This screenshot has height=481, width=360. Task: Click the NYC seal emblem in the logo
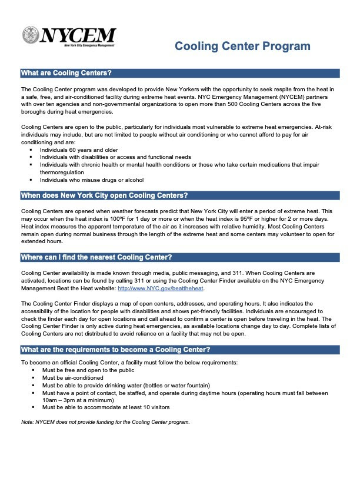tap(31, 36)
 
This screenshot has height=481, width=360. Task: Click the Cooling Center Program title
tap(242, 47)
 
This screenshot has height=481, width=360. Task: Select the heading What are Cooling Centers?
tap(66, 74)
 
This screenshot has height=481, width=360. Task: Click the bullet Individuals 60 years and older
tap(79, 150)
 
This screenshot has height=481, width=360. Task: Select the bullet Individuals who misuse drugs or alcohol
tap(92, 180)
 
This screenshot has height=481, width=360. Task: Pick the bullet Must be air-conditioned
tap(72, 377)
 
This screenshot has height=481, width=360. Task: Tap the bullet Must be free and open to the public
tap(84, 370)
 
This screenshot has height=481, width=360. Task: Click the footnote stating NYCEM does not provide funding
tap(105, 422)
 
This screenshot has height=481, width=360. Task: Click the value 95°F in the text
tap(278, 220)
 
